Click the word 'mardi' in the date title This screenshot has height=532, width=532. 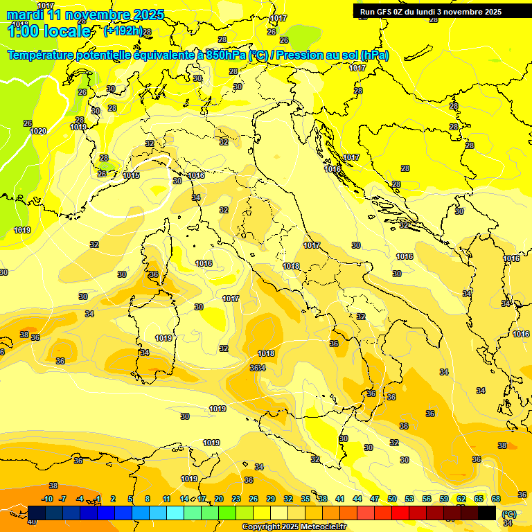tap(25, 15)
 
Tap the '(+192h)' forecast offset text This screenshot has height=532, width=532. tap(123, 31)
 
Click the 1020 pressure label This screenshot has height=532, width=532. tap(38, 131)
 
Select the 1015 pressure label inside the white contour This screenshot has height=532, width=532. tap(131, 175)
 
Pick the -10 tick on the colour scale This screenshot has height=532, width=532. tap(47, 499)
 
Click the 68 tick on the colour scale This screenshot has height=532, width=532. tap(496, 499)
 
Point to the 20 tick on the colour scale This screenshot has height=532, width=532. tap(219, 499)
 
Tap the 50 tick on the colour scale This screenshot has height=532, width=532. tap(392, 499)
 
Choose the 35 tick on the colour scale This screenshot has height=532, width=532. tap(305, 499)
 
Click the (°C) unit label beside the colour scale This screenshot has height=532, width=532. tap(508, 514)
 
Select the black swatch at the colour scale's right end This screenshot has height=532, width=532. tap(487, 513)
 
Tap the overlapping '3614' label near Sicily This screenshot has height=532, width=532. tap(258, 368)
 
